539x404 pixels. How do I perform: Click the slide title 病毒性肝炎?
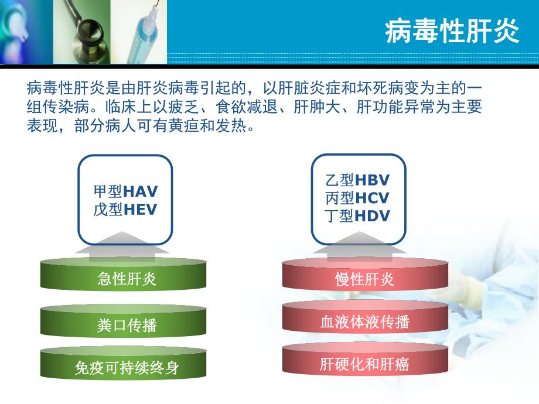(x=452, y=32)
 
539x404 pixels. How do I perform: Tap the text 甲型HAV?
(x=125, y=191)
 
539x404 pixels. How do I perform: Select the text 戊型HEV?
(x=125, y=210)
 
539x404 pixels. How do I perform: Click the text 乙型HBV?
(x=357, y=180)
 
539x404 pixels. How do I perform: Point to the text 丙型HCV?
(x=357, y=198)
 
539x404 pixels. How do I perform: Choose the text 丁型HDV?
(x=357, y=216)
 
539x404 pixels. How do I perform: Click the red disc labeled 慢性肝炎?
(x=364, y=279)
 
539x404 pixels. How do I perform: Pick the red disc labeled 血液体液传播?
(x=364, y=321)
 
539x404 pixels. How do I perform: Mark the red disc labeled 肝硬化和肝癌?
(x=364, y=364)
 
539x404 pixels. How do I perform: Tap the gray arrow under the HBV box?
(x=357, y=251)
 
